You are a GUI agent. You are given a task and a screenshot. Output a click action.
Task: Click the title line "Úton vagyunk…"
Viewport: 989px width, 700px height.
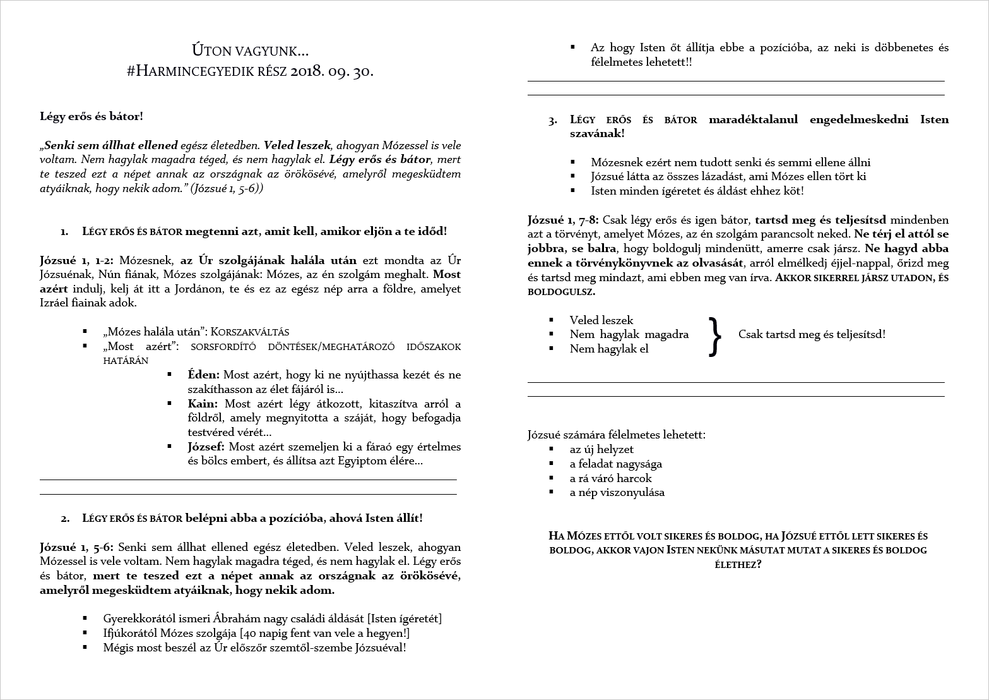(x=250, y=50)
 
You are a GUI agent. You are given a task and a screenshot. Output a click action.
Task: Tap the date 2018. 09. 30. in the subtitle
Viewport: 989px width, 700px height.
(x=331, y=71)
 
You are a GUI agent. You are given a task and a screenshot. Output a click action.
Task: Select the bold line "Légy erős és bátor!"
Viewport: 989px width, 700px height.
(x=92, y=116)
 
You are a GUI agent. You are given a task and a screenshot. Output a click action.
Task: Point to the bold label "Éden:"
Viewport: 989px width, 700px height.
(x=204, y=375)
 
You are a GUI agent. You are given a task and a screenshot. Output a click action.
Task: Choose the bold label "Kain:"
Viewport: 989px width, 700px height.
(x=203, y=404)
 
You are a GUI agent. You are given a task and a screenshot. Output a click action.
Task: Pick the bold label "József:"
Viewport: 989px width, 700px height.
(x=206, y=447)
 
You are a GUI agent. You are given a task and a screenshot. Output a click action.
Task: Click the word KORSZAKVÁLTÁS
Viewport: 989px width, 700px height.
(x=249, y=332)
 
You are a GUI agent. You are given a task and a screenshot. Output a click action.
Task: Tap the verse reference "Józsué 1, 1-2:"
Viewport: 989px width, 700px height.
(x=77, y=260)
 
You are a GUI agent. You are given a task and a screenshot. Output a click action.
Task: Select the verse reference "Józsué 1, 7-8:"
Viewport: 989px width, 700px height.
(x=564, y=220)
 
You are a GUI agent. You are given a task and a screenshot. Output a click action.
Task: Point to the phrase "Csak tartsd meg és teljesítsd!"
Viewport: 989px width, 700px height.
(x=812, y=334)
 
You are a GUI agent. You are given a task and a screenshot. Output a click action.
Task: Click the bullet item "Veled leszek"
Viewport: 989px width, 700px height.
(x=601, y=320)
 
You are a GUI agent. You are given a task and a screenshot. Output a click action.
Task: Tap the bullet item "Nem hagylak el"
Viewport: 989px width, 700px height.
(x=608, y=349)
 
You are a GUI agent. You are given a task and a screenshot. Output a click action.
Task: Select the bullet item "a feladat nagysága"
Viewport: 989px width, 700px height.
(x=615, y=464)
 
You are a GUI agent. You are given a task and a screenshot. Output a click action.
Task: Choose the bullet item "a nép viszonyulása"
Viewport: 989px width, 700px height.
(x=617, y=492)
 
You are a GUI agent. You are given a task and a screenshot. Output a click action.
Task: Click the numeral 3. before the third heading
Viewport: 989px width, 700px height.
(x=553, y=120)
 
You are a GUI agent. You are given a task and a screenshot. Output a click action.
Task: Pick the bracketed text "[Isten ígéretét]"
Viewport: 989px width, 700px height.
(x=405, y=619)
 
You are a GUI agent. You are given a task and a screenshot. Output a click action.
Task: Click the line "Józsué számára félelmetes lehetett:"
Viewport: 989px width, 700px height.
(x=617, y=435)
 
